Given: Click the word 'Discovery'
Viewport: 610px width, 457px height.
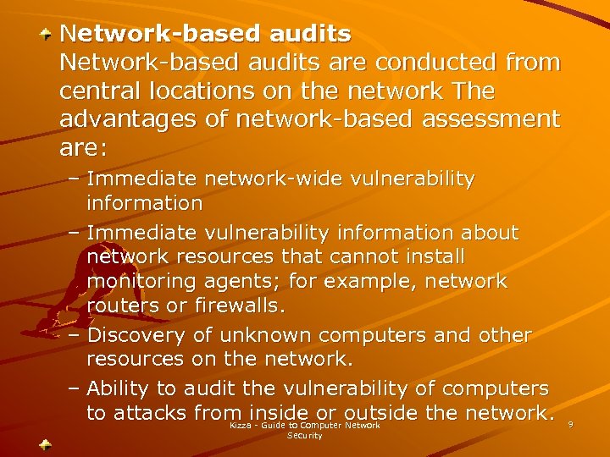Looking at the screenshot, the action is pos(141,335).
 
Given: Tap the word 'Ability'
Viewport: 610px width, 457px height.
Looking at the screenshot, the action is pos(121,388).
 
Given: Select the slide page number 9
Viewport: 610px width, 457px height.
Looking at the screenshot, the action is pos(571,424).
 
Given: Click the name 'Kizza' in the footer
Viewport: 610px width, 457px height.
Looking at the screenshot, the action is pos(241,425).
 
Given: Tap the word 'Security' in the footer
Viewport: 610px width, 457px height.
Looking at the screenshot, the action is pos(305,435).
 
